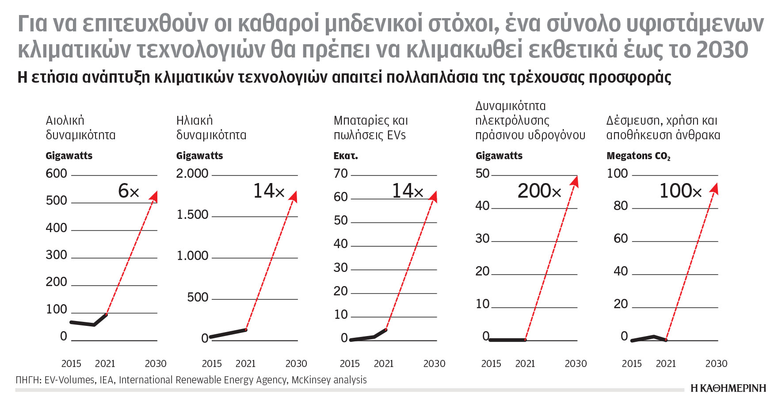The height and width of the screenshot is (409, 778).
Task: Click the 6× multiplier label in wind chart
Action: pyautogui.click(x=129, y=191)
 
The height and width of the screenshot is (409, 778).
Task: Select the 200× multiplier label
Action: pyautogui.click(x=539, y=191)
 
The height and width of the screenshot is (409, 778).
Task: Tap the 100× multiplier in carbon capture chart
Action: pyautogui.click(x=680, y=191)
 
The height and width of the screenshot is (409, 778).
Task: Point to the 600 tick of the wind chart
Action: pyautogui.click(x=57, y=173)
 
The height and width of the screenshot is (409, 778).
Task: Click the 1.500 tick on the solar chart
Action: pyautogui.click(x=192, y=214)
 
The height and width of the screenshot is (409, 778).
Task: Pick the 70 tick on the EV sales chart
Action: pyautogui.click(x=341, y=173)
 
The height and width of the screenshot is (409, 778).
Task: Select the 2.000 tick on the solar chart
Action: pyautogui.click(x=192, y=173)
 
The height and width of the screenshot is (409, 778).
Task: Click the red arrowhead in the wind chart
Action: pyautogui.click(x=153, y=196)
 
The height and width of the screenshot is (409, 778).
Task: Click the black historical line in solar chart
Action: pyautogui.click(x=228, y=333)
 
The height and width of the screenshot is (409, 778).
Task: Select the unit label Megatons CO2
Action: pyautogui.click(x=638, y=156)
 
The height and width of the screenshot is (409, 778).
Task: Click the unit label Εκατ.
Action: pyautogui.click(x=345, y=156)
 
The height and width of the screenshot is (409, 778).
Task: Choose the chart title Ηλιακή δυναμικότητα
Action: pyautogui.click(x=211, y=127)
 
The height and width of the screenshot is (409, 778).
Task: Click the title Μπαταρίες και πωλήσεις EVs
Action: pyautogui.click(x=370, y=127)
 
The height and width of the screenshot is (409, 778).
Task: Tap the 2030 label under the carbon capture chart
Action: pyautogui.click(x=716, y=363)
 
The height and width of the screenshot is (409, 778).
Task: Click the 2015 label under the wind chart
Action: pyautogui.click(x=71, y=363)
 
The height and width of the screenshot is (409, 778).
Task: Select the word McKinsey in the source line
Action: pyautogui.click(x=309, y=380)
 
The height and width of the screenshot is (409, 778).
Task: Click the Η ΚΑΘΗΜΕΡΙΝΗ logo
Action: pyautogui.click(x=728, y=388)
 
